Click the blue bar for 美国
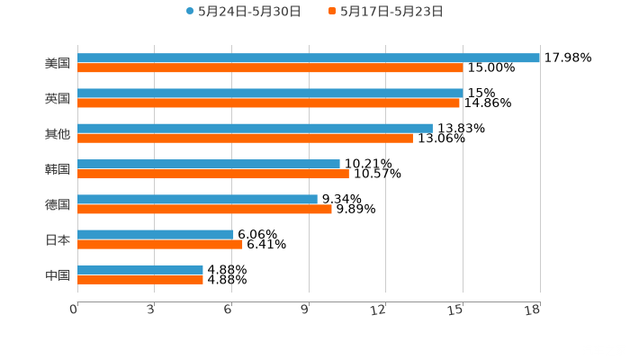[309, 58]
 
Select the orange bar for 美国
[270, 67]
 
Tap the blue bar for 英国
[270, 93]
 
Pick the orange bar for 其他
[245, 138]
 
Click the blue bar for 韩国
[209, 164]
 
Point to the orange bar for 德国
[204, 209]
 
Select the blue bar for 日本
[156, 235]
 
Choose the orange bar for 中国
[140, 279]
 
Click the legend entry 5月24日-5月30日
[243, 12]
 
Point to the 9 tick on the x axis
[309, 310]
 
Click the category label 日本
[58, 239]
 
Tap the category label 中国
[58, 274]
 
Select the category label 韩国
[58, 169]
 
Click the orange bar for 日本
[160, 244]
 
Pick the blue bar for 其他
[255, 129]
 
